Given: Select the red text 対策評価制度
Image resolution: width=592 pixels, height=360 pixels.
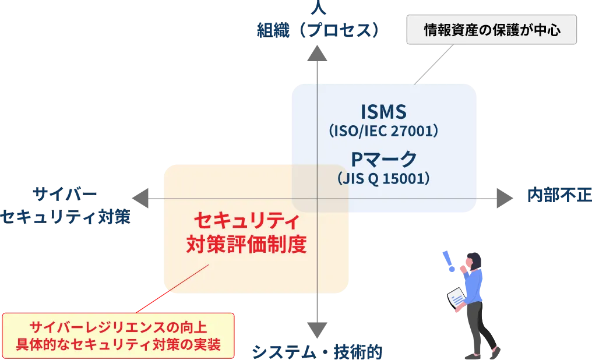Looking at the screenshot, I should coord(246,244).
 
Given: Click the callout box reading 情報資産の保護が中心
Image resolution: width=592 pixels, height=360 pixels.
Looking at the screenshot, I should coord(492,30).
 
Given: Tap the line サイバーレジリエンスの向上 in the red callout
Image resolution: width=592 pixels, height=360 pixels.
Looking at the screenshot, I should coord(118,326).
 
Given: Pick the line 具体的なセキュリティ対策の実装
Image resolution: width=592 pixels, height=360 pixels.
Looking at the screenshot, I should coord(118,344).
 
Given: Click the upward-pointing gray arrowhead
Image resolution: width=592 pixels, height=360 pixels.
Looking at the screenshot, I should coord(316,58).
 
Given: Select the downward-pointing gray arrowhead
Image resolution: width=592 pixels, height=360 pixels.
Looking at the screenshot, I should coord(316,330).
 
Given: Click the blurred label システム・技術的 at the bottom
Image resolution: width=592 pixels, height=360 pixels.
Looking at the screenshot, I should coord(318,352).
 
